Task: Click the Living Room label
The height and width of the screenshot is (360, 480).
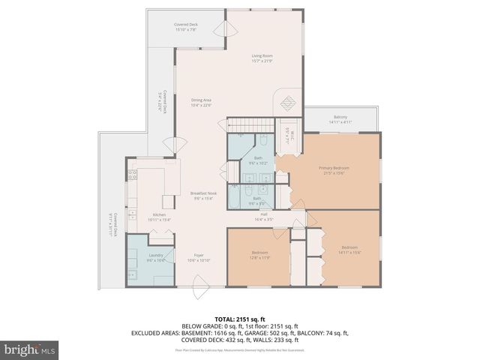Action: [x=261, y=55]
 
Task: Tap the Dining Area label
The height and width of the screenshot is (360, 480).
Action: [x=201, y=100]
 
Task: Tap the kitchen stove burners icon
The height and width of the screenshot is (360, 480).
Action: [x=131, y=177]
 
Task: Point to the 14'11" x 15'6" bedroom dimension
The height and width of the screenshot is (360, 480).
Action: [x=350, y=253]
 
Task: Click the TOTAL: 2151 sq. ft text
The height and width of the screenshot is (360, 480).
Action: [x=239, y=319]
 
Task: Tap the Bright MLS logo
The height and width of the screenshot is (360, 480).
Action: [x=30, y=349]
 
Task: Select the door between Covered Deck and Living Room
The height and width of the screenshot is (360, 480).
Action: [x=222, y=28]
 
